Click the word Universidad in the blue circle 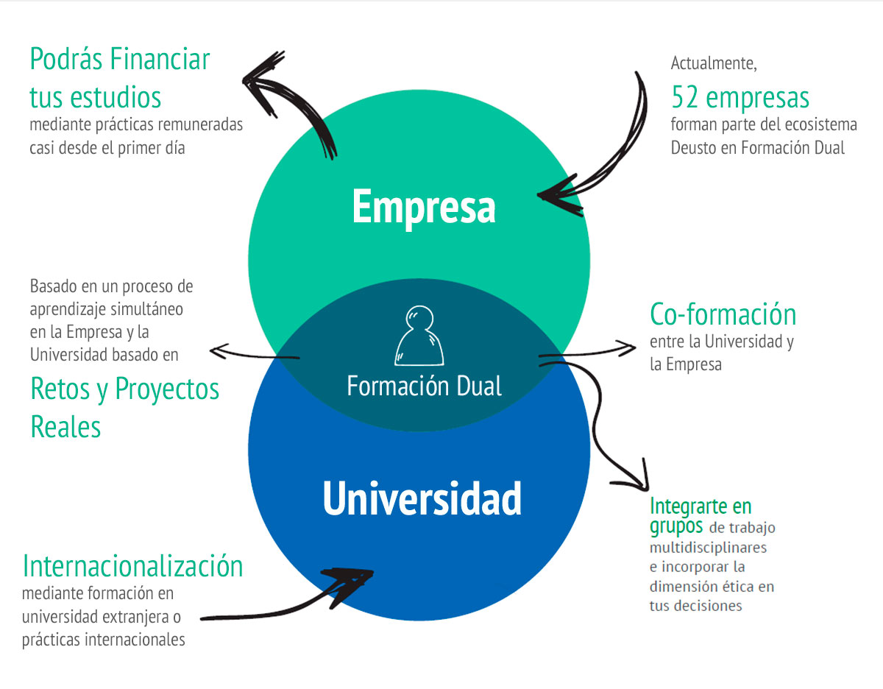click(422, 498)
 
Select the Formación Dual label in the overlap click(425, 386)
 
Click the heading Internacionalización click(132, 565)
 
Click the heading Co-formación click(723, 314)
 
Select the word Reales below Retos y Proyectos click(65, 426)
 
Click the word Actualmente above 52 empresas click(714, 63)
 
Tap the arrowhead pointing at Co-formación click(629, 347)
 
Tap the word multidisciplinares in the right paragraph click(708, 548)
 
